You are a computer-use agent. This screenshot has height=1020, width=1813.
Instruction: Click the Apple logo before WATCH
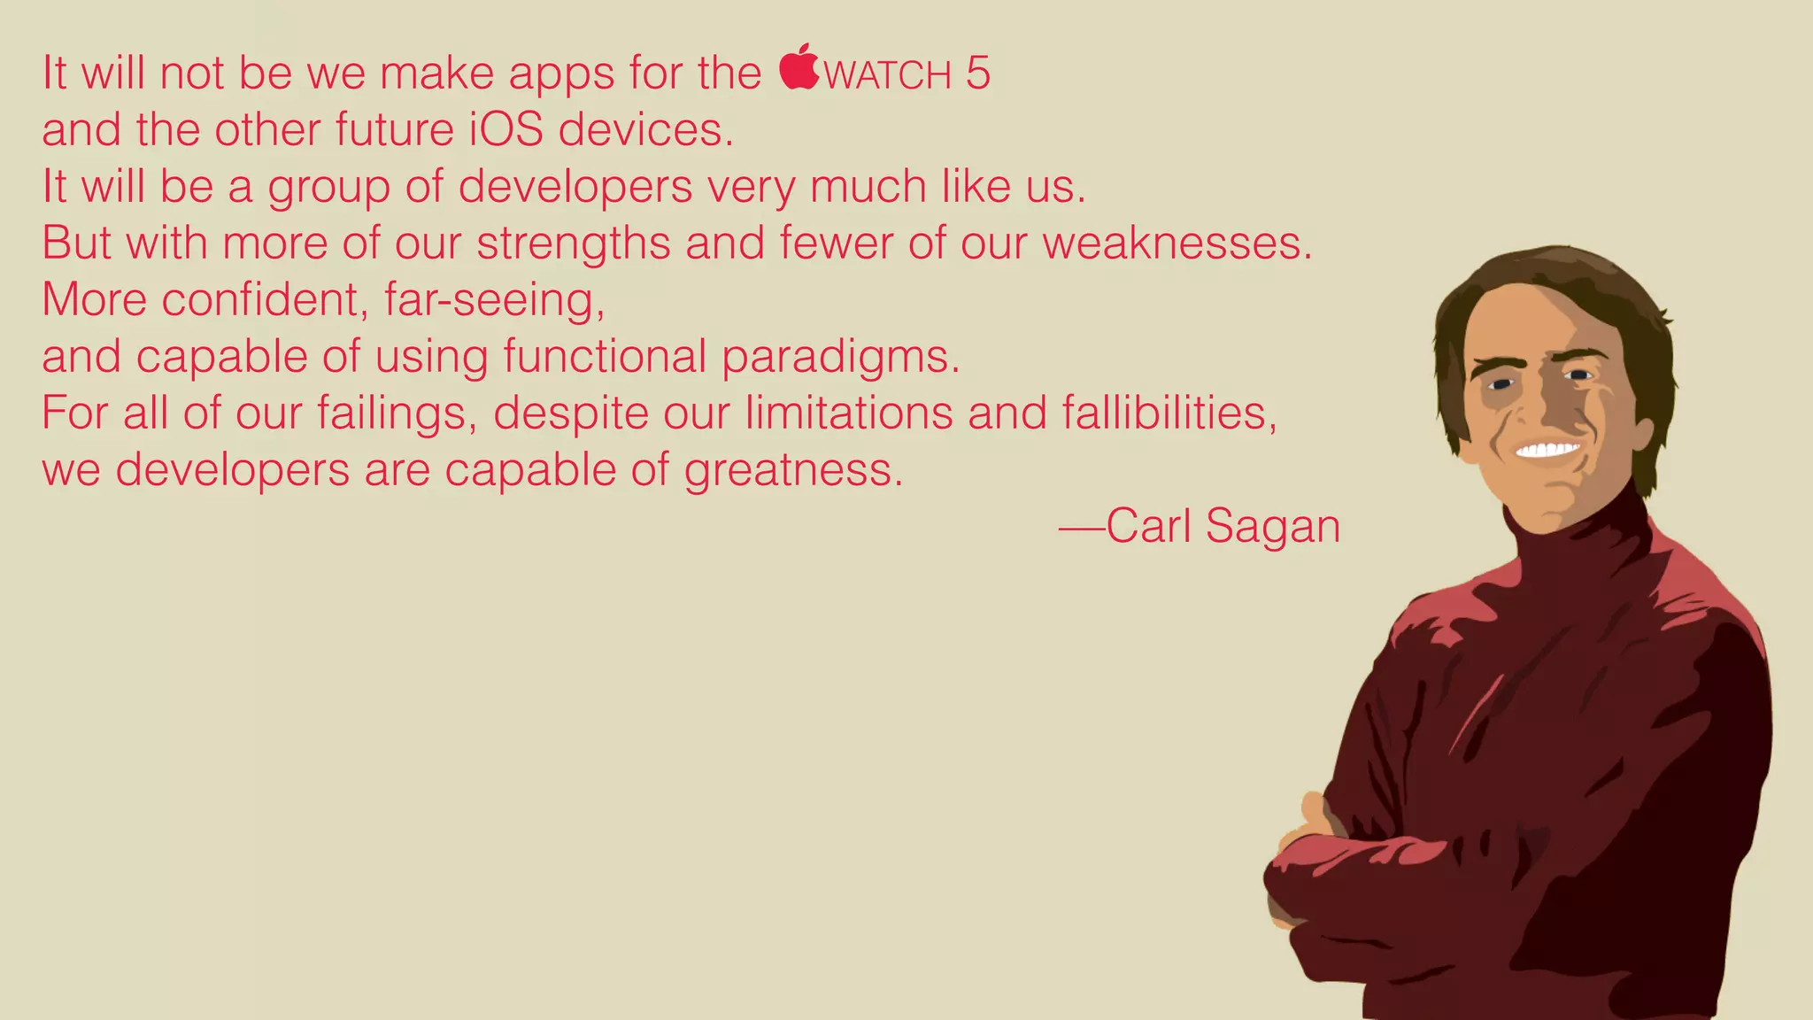[x=799, y=67]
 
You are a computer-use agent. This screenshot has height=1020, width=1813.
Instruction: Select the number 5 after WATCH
[x=977, y=73]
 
